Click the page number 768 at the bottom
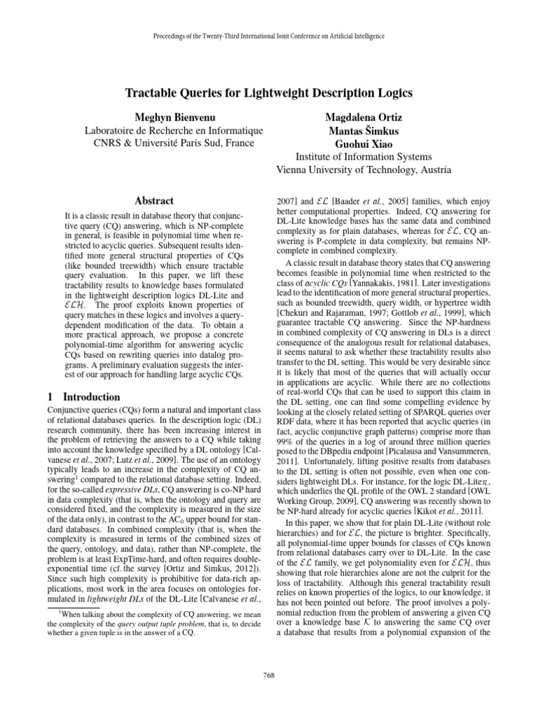(x=269, y=675)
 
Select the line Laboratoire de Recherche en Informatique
(x=163, y=130)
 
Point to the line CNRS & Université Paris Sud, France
(x=163, y=143)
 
